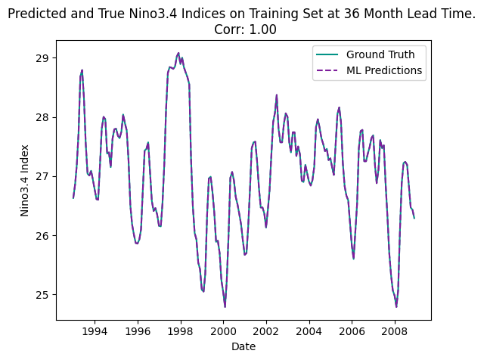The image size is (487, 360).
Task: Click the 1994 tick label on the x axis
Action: pyautogui.click(x=95, y=331)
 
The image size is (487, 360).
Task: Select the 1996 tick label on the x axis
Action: pyautogui.click(x=138, y=331)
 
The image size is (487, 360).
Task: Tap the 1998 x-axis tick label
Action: pyautogui.click(x=180, y=331)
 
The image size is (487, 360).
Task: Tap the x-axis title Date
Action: pyautogui.click(x=243, y=346)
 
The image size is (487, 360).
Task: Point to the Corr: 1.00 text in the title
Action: pyautogui.click(x=243, y=29)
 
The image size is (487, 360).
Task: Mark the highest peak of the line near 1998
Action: pyautogui.click(x=178, y=53)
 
